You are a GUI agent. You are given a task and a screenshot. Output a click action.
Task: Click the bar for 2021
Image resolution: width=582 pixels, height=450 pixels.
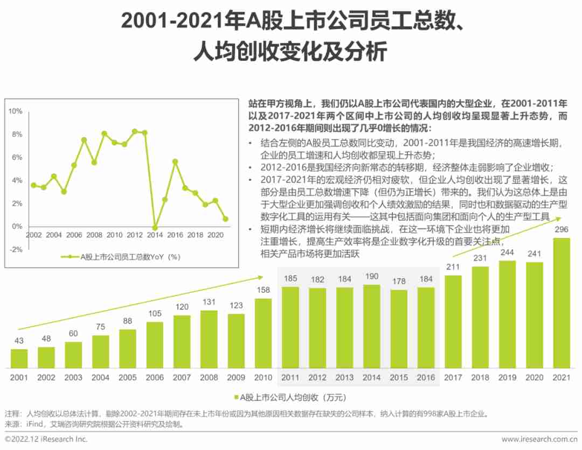pyautogui.click(x=562, y=303)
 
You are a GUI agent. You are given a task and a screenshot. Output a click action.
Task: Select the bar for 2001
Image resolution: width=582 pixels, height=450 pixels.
pyautogui.click(x=19, y=358)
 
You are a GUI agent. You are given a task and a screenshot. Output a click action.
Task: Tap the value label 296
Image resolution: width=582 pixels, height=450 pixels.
pyautogui.click(x=562, y=230)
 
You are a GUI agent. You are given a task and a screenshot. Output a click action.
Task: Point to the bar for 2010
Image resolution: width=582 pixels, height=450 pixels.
pyautogui.click(x=263, y=333)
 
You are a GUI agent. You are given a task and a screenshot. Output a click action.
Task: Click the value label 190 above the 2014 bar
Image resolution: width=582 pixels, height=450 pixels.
pyautogui.click(x=371, y=277)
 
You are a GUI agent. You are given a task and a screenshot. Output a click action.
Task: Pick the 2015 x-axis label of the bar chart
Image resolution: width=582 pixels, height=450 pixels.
pyautogui.click(x=399, y=377)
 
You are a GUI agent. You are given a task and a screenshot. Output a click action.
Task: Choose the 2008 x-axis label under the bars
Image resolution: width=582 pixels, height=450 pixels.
pyautogui.click(x=209, y=377)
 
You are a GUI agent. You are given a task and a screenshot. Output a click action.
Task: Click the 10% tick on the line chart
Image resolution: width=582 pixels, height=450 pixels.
pyautogui.click(x=15, y=111)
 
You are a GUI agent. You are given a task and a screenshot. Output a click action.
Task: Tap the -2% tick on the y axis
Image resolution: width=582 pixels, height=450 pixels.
pyautogui.click(x=15, y=249)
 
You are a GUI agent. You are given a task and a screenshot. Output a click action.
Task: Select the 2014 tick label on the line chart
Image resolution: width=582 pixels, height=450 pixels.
pyautogui.click(x=155, y=235)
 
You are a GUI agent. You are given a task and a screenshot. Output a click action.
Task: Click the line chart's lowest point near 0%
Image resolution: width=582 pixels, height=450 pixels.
pyautogui.click(x=155, y=228)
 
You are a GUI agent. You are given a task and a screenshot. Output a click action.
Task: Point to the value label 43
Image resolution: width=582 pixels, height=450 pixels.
pyautogui.click(x=19, y=341)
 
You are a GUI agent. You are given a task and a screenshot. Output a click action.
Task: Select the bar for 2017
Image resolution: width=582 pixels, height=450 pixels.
pyautogui.click(x=453, y=322)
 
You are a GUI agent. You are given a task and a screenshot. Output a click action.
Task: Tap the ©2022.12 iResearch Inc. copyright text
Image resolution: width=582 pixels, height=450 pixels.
pyautogui.click(x=46, y=439)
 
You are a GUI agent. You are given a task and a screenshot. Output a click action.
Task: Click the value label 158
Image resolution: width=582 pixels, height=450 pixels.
pyautogui.click(x=263, y=290)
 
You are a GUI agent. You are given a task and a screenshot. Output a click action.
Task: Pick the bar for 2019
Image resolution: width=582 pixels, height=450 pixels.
pyautogui.click(x=507, y=314)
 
